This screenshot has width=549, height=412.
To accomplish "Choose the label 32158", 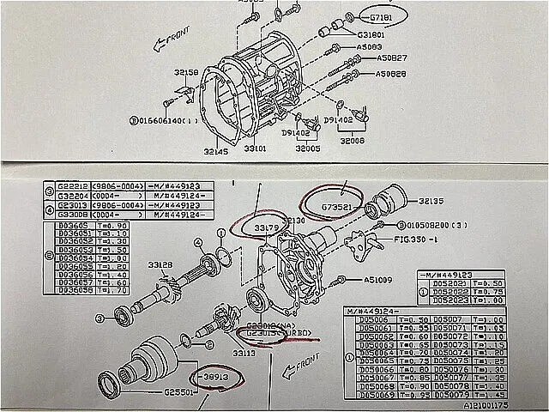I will coord(185,72).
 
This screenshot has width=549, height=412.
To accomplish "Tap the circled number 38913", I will coord(215,375).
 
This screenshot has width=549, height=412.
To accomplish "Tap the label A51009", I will coord(377,279).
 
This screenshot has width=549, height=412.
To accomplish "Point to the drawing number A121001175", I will coord(509,404).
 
